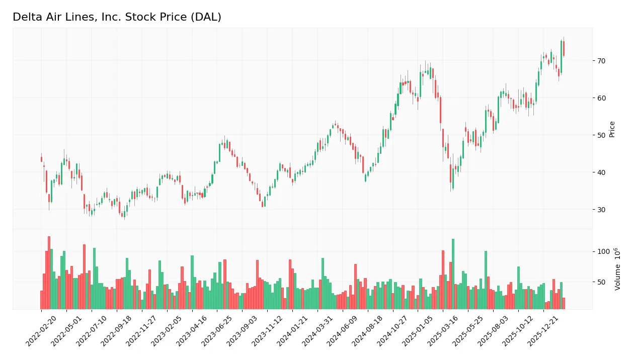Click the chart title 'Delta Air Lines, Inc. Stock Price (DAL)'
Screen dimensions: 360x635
coord(117,17)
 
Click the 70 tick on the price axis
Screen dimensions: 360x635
coord(602,61)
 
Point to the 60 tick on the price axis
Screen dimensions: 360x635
coord(602,98)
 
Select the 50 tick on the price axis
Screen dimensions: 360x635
coord(602,135)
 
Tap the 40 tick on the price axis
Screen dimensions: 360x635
coord(602,172)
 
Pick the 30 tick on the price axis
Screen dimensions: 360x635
coord(602,210)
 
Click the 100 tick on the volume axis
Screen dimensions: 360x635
coord(603,251)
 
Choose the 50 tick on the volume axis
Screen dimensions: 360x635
coord(602,282)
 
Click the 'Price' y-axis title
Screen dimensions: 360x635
coord(612,129)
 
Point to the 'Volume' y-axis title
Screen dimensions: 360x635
coord(617,269)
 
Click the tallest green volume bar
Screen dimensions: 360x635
coord(453,274)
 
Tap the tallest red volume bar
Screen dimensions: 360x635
coord(49,273)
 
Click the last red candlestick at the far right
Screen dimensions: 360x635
coord(564,48)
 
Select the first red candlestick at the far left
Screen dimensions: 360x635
coord(41,159)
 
